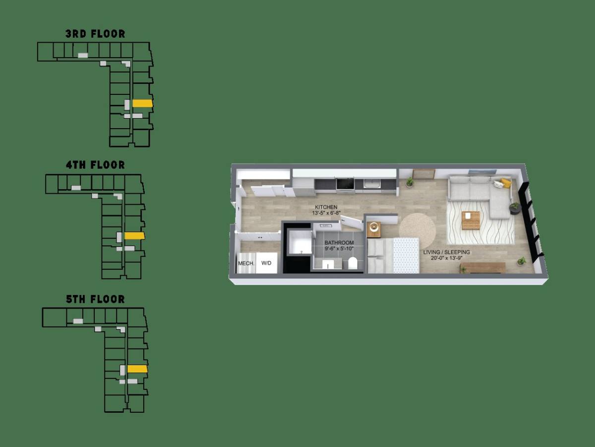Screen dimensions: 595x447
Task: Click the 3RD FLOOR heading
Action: [95, 34]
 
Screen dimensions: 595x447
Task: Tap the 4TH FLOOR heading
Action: [95, 165]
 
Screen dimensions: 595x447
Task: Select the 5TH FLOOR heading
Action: [95, 299]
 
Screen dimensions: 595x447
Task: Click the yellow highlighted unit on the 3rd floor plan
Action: [142, 103]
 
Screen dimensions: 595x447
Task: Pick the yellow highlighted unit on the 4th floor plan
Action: [134, 236]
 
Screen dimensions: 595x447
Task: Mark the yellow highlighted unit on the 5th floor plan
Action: [137, 369]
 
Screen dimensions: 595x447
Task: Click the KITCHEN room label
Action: [326, 207]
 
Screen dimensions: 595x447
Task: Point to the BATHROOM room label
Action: [339, 243]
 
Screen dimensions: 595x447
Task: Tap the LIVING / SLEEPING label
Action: [446, 252]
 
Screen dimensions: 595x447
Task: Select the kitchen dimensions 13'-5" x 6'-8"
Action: [326, 213]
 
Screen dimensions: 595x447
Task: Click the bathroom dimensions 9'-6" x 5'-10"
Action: [339, 249]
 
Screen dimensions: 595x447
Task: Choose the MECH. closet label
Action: [246, 263]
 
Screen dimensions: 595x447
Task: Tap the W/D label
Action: [266, 263]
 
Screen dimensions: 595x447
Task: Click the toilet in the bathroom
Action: [353, 263]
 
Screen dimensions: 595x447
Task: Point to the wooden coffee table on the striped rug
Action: [471, 221]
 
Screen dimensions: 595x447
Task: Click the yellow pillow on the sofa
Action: [506, 182]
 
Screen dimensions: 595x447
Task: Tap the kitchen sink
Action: [372, 184]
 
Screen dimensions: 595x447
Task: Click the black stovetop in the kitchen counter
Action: [345, 184]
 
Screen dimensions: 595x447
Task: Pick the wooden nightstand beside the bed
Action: [374, 229]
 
